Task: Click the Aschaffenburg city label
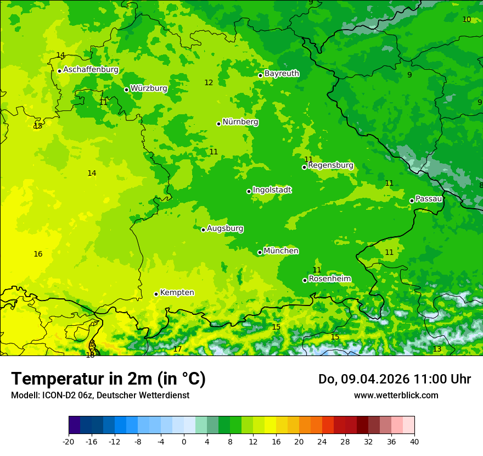coord(91,70)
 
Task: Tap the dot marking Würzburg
coord(126,90)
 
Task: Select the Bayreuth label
coord(282,73)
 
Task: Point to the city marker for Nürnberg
coord(218,124)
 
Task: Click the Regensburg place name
coord(330,165)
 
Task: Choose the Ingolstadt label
coord(272,190)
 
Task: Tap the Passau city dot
coord(412,201)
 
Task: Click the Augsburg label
coord(225,229)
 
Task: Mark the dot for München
coord(260,252)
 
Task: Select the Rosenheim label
coord(329,279)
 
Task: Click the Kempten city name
coord(177,293)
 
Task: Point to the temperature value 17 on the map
coord(177,349)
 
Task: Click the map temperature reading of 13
coord(437,349)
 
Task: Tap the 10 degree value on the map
coord(467,20)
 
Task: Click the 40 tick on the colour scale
coord(414,442)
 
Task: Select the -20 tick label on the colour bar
coord(69,442)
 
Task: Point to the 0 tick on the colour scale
coord(184,442)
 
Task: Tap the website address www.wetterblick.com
coord(396,396)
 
